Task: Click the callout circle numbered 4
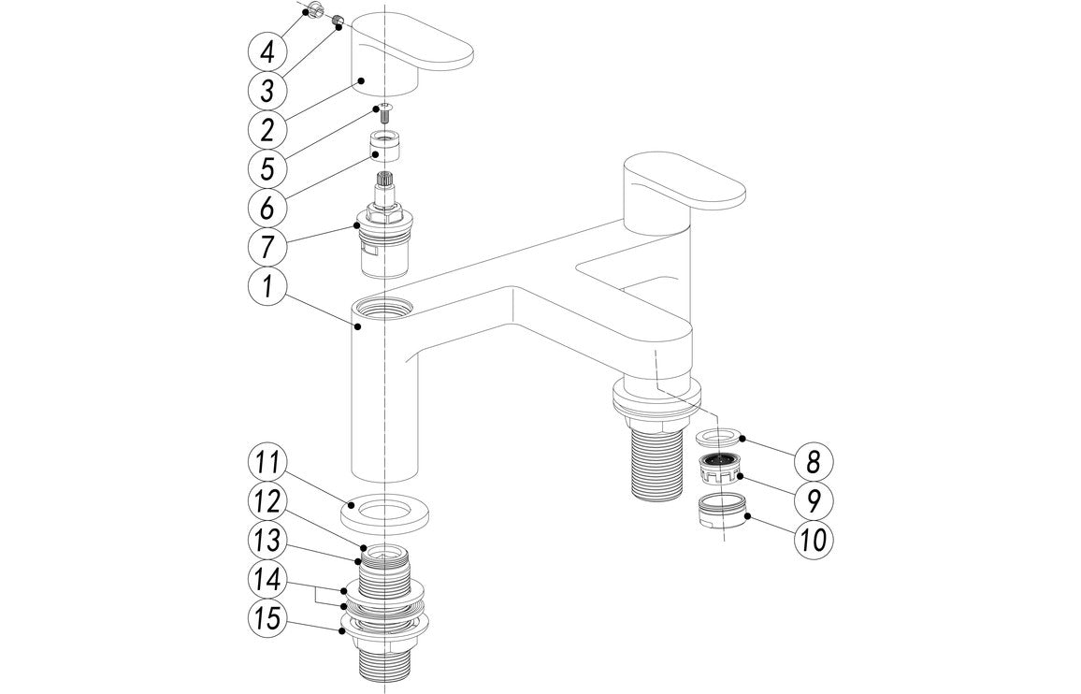point(267,50)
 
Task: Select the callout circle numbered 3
point(267,91)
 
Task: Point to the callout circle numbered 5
point(267,168)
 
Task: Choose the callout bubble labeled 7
point(267,248)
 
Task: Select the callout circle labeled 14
point(267,579)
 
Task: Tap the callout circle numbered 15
point(267,618)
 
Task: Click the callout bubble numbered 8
point(813,461)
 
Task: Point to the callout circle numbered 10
point(813,540)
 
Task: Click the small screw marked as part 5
point(383,116)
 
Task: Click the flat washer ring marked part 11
point(384,513)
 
